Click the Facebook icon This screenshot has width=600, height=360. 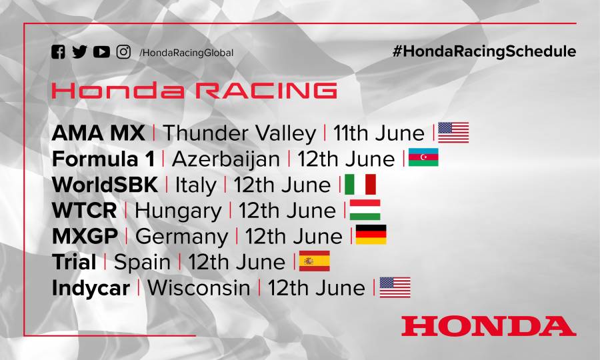coord(58,52)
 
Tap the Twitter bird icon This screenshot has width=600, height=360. coord(79,52)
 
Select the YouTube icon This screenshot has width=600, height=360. coord(101,52)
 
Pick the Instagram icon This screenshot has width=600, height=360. coord(123,52)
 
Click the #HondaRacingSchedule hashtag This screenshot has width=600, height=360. coord(484,52)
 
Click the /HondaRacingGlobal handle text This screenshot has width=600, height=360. coord(187,53)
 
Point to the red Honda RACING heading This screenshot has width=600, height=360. coord(194,91)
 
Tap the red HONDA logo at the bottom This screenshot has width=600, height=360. coord(488,326)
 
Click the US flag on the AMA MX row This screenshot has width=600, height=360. coord(453,133)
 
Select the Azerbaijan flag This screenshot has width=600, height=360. coord(423,158)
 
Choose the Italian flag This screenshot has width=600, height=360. coord(361,184)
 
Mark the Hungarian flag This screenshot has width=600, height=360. coord(365,209)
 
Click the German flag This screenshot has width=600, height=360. coord(371,235)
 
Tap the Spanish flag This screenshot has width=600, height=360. coord(315,261)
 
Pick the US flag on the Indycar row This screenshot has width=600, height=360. coord(395,287)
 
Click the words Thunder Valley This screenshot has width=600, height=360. coord(239,133)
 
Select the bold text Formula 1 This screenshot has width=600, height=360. coord(103,159)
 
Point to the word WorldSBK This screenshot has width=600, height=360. coord(105,185)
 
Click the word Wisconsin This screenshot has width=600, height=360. coord(199,287)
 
